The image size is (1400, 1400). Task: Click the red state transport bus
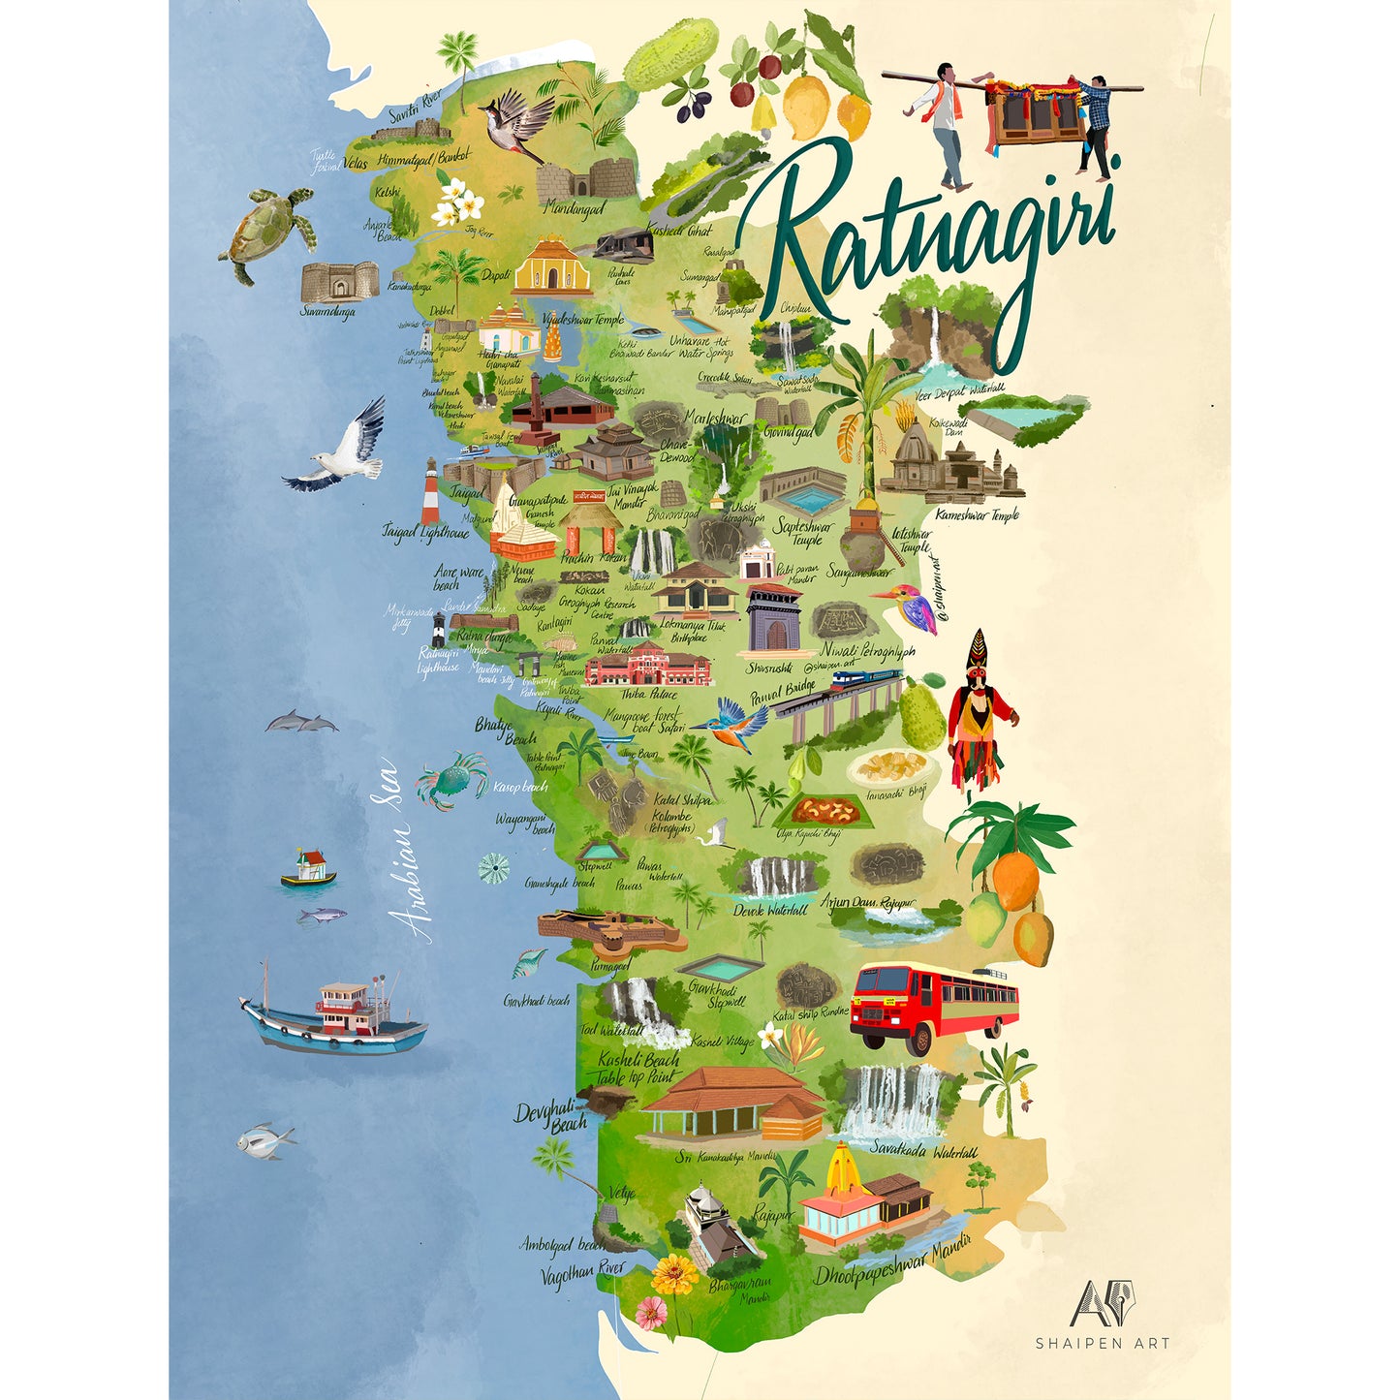click(x=933, y=1008)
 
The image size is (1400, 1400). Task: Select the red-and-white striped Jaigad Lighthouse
click(x=429, y=491)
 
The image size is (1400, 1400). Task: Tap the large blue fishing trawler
click(x=334, y=1018)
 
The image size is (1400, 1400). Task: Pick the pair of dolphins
click(x=301, y=722)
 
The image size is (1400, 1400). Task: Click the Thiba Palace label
click(x=648, y=694)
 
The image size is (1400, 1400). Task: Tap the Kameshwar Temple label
click(x=977, y=515)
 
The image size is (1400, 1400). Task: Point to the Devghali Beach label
click(x=551, y=1116)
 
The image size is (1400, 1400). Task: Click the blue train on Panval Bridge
click(x=864, y=677)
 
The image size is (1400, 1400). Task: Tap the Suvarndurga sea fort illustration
click(x=339, y=282)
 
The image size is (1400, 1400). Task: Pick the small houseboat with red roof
click(x=309, y=868)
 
